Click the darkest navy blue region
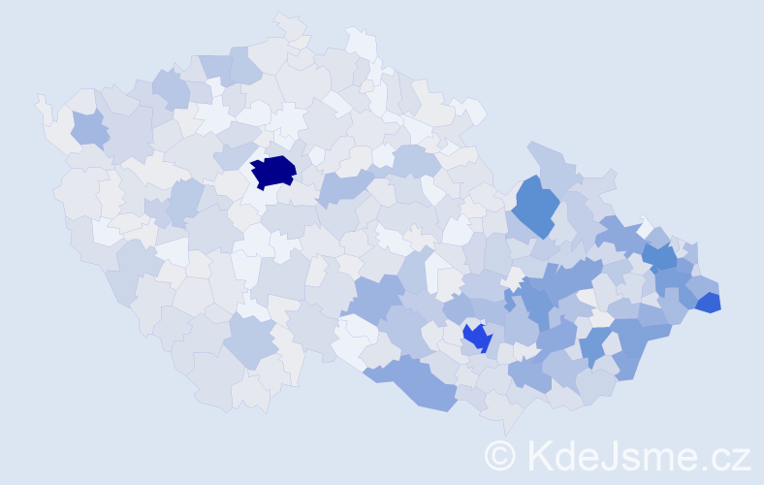pyautogui.click(x=273, y=172)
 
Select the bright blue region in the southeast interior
pyautogui.click(x=477, y=338)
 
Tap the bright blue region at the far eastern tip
pyautogui.click(x=709, y=302)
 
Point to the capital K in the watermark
pyautogui.click(x=541, y=456)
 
